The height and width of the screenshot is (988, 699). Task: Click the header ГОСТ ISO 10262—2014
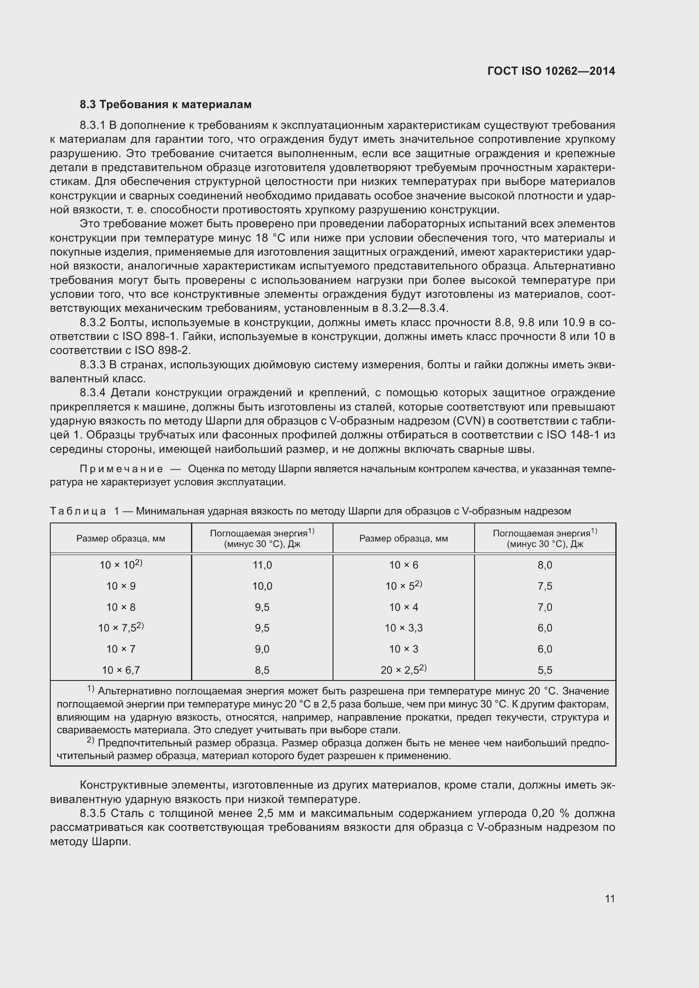(551, 71)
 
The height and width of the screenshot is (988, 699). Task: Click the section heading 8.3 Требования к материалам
(166, 105)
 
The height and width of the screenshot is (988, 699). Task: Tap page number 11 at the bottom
(609, 898)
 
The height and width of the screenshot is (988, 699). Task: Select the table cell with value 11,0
(262, 565)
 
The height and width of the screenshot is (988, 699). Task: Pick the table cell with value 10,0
(262, 586)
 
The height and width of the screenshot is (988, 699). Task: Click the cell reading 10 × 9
(121, 586)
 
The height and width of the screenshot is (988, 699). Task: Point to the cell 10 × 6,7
(121, 670)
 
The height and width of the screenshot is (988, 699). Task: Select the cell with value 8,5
(262, 670)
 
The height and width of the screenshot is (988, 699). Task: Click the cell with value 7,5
(545, 586)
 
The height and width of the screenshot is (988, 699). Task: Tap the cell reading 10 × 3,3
(404, 628)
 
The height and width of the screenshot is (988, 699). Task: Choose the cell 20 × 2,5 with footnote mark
(403, 670)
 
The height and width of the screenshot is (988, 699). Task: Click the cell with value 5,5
(545, 670)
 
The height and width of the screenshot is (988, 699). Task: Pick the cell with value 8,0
(545, 565)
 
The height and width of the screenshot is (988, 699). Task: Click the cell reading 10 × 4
(404, 607)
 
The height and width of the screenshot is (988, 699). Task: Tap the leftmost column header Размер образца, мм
(121, 538)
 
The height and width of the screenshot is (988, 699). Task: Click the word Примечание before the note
(121, 468)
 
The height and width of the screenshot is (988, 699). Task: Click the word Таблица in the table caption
(78, 511)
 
